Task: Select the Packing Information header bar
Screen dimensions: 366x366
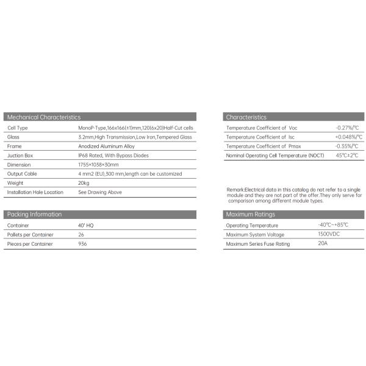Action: tap(34, 214)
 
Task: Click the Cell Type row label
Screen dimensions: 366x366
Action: tap(18, 128)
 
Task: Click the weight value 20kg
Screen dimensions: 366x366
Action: tap(84, 183)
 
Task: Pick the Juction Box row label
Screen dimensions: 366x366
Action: tap(20, 156)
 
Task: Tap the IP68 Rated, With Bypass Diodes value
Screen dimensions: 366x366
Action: tap(113, 156)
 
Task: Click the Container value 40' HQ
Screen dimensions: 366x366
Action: tap(87, 225)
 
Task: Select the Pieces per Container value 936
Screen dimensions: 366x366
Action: tap(83, 243)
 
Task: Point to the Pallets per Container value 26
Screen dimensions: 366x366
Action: tap(82, 234)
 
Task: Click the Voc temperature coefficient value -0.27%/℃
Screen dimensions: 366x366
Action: tap(348, 128)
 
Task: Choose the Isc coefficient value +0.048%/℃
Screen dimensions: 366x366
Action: tap(349, 137)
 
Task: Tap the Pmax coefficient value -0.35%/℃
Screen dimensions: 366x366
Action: tap(348, 146)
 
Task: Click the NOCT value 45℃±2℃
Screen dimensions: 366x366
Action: tap(347, 156)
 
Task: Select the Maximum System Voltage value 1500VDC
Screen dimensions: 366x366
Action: tap(329, 234)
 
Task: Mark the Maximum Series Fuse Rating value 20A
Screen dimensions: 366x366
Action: tap(323, 244)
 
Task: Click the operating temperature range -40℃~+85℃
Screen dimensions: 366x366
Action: tap(333, 225)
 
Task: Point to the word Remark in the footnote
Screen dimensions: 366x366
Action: tap(235, 190)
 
